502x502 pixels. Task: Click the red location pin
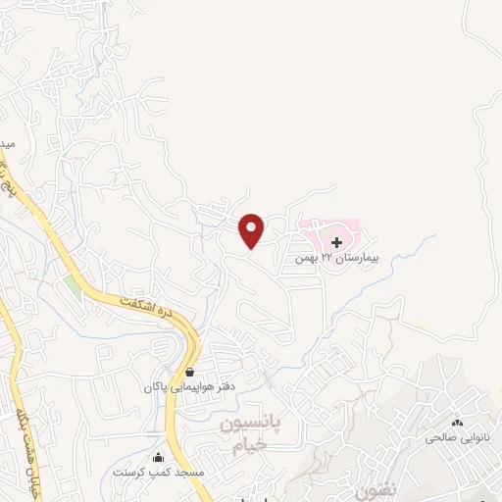[252, 229]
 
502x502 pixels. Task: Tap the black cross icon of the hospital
[336, 241]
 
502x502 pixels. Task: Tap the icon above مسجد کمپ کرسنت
[159, 457]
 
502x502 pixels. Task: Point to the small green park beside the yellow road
[74, 288]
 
